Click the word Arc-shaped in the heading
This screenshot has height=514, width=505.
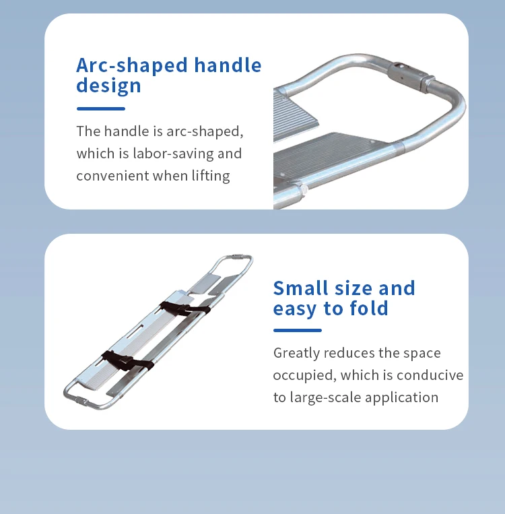(x=132, y=65)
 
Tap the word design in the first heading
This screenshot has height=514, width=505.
(x=108, y=86)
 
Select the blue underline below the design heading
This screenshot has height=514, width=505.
(x=101, y=108)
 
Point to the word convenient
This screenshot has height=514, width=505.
(x=112, y=176)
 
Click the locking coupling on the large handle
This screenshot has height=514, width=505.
(x=410, y=77)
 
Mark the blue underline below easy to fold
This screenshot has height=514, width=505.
(x=298, y=330)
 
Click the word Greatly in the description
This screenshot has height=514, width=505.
(x=296, y=354)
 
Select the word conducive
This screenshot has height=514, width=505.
(x=430, y=375)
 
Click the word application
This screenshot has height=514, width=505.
(x=401, y=398)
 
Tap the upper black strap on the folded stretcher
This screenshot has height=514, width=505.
(x=184, y=309)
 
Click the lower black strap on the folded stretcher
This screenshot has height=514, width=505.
(x=127, y=361)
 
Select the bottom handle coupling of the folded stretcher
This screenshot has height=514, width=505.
(x=81, y=401)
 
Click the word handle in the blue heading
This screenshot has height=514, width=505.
(x=228, y=65)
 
